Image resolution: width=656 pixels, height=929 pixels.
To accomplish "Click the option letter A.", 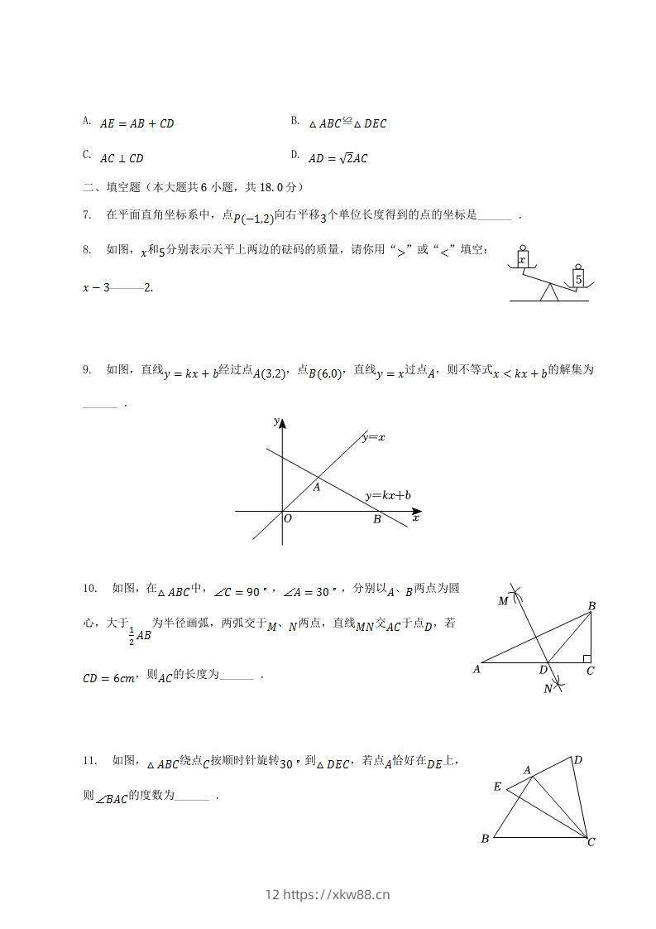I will (x=86, y=121).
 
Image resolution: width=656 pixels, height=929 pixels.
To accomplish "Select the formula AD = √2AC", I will (x=338, y=158).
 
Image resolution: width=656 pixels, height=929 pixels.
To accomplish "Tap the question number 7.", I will (x=86, y=215).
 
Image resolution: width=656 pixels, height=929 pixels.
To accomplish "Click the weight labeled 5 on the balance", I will (x=579, y=279).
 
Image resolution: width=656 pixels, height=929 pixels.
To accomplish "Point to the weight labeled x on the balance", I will (x=522, y=259).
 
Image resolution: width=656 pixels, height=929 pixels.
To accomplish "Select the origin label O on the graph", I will (x=288, y=519).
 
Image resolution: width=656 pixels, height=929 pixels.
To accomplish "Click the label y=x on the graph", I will (x=373, y=437).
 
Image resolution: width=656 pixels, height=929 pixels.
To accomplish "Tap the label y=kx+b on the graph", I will (x=388, y=496).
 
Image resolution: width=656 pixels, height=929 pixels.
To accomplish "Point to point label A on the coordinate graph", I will (x=316, y=488).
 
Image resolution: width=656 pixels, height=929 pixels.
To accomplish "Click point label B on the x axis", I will (x=376, y=520).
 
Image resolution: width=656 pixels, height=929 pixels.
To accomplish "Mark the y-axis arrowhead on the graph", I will (x=283, y=424).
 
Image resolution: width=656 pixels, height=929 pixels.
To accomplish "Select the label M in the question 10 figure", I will (x=503, y=601).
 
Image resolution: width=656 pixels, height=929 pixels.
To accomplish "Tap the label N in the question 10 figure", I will (x=548, y=688).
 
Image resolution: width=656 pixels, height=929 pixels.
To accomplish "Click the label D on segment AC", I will (x=543, y=670).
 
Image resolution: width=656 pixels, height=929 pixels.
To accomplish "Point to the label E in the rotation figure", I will (x=497, y=787).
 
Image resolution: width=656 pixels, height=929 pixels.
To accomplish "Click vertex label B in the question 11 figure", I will (x=485, y=839).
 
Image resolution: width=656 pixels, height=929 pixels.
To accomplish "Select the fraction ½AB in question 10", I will (x=141, y=636).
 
